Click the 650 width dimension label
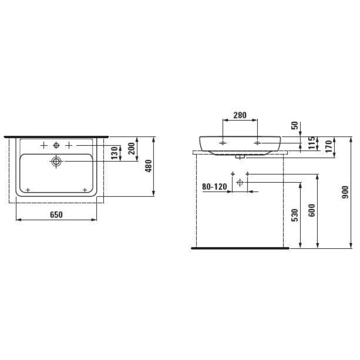coord(56,215)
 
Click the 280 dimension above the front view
coord(240,115)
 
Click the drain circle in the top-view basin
coord(56,162)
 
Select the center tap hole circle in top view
coord(56,145)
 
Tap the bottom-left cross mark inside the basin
coord(28,190)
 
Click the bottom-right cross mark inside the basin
coord(85,190)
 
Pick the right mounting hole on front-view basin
coord(257,143)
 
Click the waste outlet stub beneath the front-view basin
coord(240,157)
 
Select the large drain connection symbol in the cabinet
coord(240,182)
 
